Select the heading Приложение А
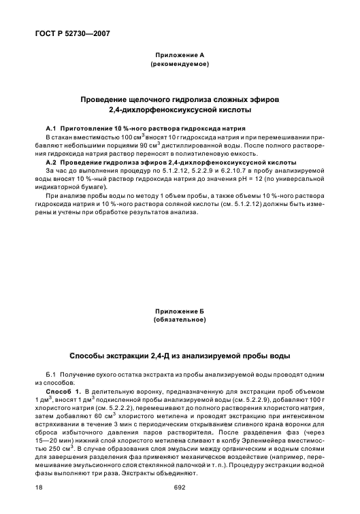[180, 54]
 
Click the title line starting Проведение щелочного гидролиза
[180, 99]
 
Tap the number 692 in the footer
[180, 488]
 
